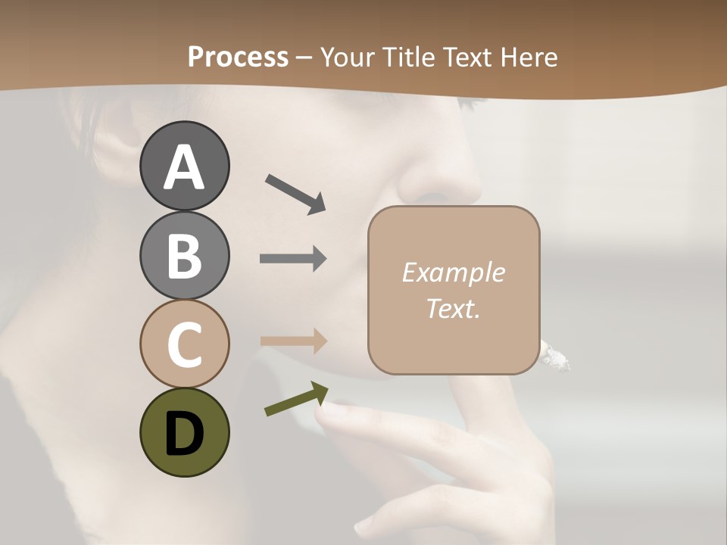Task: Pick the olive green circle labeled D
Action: pyautogui.click(x=184, y=432)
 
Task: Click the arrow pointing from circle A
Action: pyautogui.click(x=295, y=194)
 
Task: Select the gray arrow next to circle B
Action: pyautogui.click(x=293, y=259)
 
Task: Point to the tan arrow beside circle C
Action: pyautogui.click(x=293, y=341)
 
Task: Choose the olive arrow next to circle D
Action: pyautogui.click(x=296, y=399)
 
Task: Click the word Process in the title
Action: pyautogui.click(x=238, y=58)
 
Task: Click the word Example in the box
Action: pyautogui.click(x=453, y=272)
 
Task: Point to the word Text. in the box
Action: pyautogui.click(x=453, y=308)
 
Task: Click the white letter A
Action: pyautogui.click(x=184, y=168)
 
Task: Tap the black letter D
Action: pyautogui.click(x=184, y=433)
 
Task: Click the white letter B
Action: pyautogui.click(x=184, y=256)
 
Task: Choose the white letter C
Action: pyautogui.click(x=184, y=344)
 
